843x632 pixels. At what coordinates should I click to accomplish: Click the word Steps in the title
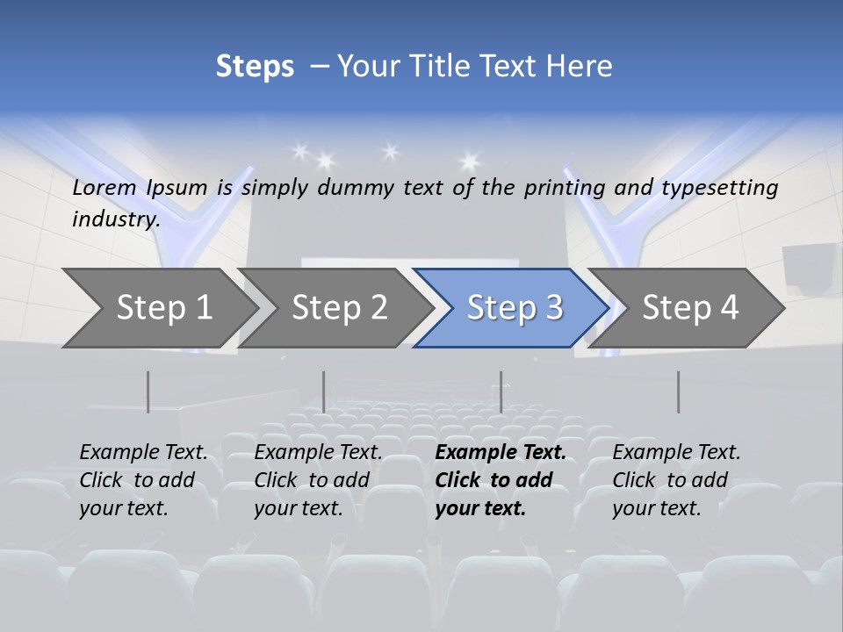click(x=255, y=67)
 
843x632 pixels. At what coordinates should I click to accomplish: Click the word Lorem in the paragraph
click(x=104, y=188)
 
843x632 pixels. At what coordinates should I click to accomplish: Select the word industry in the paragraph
click(x=115, y=219)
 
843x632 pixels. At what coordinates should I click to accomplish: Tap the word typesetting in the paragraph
click(x=719, y=188)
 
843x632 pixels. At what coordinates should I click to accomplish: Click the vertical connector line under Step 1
click(x=148, y=391)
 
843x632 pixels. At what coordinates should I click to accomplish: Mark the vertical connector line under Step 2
click(x=324, y=391)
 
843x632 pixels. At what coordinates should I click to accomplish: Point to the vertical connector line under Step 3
click(x=501, y=391)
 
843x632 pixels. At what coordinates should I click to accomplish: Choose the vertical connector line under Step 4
click(x=678, y=391)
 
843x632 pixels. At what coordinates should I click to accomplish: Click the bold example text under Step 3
click(x=500, y=480)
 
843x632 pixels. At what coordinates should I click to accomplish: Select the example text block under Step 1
click(x=143, y=480)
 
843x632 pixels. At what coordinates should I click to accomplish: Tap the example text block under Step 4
click(x=676, y=480)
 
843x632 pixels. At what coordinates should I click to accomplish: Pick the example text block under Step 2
click(x=318, y=480)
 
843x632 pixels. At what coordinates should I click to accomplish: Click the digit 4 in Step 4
click(x=728, y=308)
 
